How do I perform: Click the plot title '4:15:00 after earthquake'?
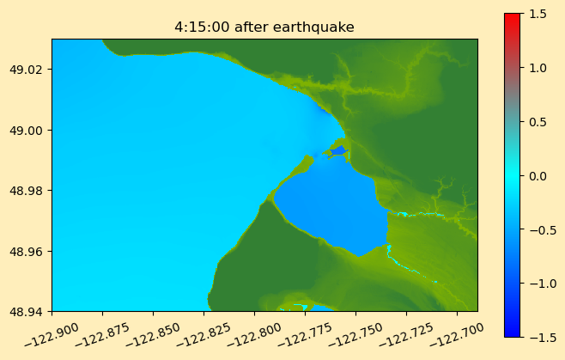(x=264, y=27)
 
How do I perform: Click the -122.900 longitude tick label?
(x=52, y=334)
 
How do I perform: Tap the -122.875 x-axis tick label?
(x=102, y=334)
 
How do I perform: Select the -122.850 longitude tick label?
(x=153, y=334)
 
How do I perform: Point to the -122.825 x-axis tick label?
(x=204, y=334)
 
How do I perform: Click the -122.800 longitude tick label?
(x=254, y=334)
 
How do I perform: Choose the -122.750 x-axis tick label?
(x=355, y=334)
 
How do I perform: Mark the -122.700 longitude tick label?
(x=457, y=334)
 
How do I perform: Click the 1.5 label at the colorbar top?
(x=538, y=14)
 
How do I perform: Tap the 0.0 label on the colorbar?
(x=538, y=176)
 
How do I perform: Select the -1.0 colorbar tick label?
(x=538, y=284)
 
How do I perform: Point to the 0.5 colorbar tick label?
(x=538, y=122)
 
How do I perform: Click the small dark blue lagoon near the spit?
(x=338, y=150)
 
